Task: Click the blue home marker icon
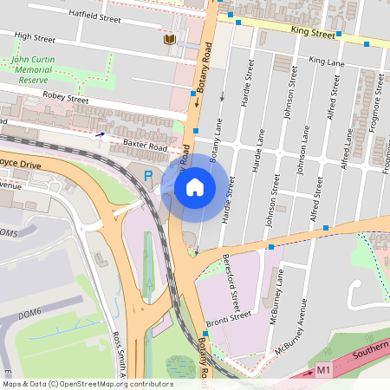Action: coord(195,186)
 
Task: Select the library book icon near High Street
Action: coord(168,39)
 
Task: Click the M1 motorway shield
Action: coord(323,370)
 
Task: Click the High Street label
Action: coord(35,38)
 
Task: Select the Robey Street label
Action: coord(66,100)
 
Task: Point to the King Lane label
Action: coord(327,62)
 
